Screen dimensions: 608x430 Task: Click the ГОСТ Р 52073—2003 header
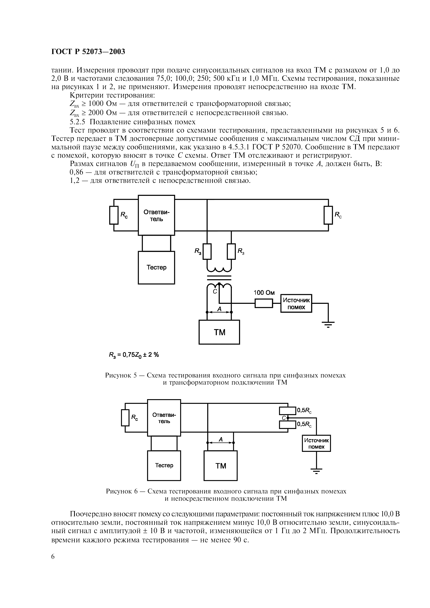click(88, 52)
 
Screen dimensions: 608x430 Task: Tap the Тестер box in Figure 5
click(156, 267)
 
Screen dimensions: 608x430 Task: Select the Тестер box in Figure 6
click(164, 465)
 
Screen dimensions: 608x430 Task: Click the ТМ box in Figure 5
click(219, 332)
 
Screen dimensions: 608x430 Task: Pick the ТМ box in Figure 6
click(220, 466)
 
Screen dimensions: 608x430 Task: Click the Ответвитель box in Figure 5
click(156, 215)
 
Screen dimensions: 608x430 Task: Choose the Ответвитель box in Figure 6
click(164, 418)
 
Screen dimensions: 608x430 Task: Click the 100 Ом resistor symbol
click(264, 303)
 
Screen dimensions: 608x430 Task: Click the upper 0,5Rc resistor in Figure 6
click(287, 411)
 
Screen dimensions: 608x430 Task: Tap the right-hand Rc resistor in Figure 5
click(328, 215)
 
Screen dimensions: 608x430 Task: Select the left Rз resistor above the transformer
click(207, 251)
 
